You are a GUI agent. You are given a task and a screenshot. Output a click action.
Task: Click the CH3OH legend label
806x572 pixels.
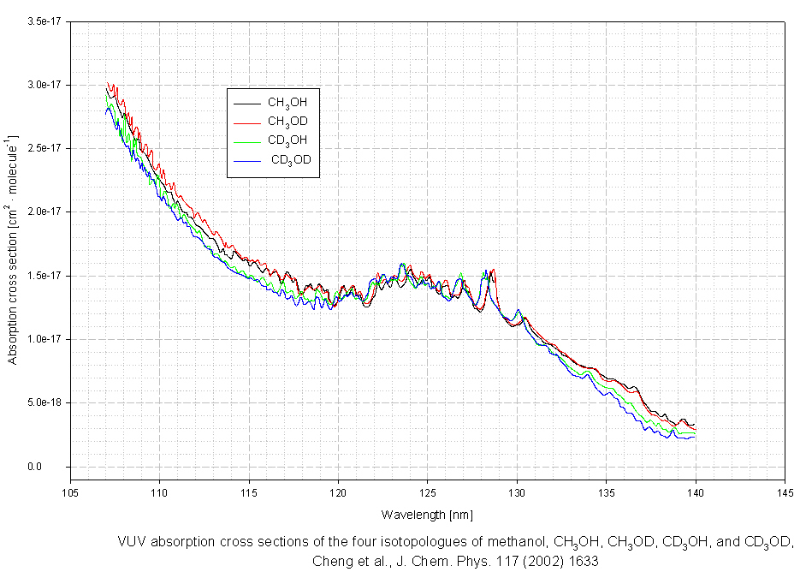click(287, 103)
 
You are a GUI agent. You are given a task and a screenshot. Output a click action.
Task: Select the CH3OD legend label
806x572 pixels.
click(287, 122)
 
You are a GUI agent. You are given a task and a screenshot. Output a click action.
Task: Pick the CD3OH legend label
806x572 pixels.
click(287, 140)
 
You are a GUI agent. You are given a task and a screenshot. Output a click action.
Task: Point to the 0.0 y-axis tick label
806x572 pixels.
click(52, 467)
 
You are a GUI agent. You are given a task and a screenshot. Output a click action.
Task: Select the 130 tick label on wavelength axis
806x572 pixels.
click(516, 493)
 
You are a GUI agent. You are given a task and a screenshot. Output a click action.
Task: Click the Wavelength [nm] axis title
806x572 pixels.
click(427, 515)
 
